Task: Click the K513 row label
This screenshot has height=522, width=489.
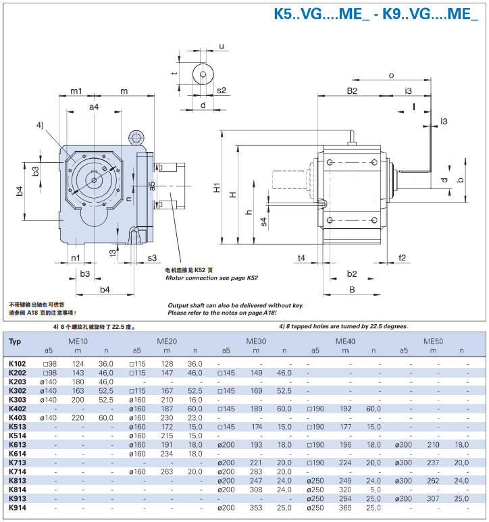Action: point(18,427)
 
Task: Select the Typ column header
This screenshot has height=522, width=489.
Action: point(15,342)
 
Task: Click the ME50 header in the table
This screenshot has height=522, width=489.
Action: point(434,342)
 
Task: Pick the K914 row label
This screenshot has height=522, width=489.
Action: point(18,506)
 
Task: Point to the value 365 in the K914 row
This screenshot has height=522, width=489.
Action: point(344,506)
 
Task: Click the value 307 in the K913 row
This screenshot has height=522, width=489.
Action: point(434,498)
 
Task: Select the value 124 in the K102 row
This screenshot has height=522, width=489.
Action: point(78,363)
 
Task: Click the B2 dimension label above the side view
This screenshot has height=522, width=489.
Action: point(353,90)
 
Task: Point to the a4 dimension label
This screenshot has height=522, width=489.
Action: point(94,107)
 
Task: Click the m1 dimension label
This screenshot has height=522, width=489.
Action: point(76,90)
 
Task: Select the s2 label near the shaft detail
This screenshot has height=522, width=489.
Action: point(220,89)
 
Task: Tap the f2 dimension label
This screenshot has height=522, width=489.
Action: point(403,257)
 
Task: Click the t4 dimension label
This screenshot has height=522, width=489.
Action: point(301,257)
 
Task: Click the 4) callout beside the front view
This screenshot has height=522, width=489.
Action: point(41,126)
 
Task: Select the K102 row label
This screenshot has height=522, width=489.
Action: point(18,363)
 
